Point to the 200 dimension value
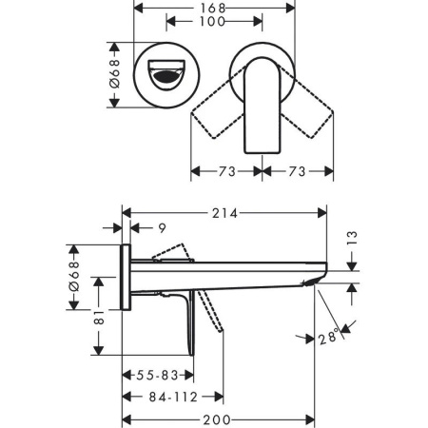coord(218,419)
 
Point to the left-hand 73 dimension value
coord(226,172)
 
